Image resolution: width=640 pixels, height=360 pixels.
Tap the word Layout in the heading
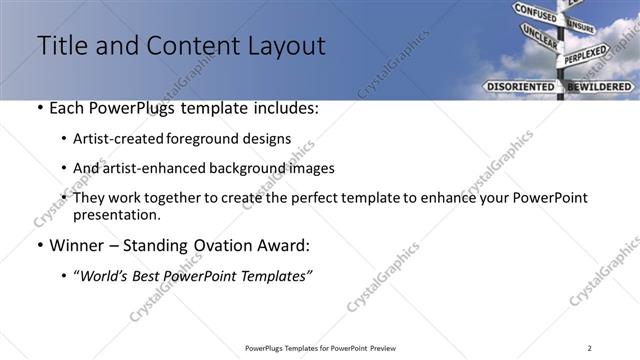(x=281, y=46)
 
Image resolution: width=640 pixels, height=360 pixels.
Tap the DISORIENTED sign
(x=519, y=87)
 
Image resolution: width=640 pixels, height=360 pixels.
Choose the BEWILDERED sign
(x=600, y=87)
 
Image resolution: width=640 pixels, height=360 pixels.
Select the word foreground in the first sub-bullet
(x=211, y=139)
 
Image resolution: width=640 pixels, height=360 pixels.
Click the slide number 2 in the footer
(x=590, y=347)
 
